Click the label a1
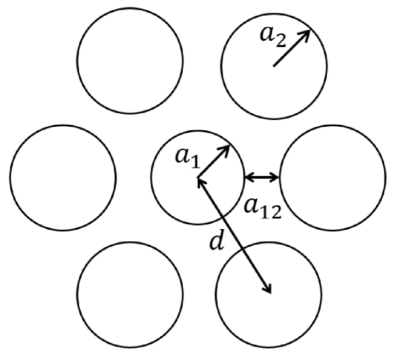[x=188, y=159]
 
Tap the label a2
[x=274, y=37]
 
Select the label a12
[x=263, y=209]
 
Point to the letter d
[x=217, y=241]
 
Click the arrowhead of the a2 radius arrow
[x=306, y=34]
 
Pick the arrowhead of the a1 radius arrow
[x=225, y=150]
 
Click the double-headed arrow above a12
[x=262, y=177]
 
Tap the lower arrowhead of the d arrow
[x=268, y=289]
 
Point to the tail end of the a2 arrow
[x=274, y=66]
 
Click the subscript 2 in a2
[x=281, y=41]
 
